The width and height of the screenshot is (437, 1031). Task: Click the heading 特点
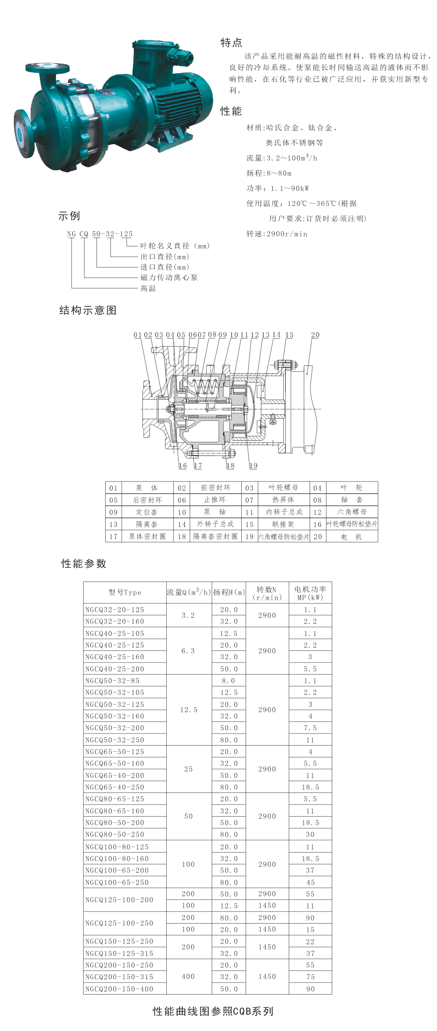231,42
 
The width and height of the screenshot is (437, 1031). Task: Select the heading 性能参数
84,563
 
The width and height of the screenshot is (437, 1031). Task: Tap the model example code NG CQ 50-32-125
100,234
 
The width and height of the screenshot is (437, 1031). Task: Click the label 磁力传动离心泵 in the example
169,278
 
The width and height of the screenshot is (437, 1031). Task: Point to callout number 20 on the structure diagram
315,335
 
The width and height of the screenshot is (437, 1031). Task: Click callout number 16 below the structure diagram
183,465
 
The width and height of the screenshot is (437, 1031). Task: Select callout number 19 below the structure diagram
253,465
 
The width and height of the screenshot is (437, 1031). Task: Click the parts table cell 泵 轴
215,512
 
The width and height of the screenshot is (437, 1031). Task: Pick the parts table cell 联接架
283,524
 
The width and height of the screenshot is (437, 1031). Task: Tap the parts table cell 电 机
351,537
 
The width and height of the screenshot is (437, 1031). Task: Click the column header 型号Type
125,592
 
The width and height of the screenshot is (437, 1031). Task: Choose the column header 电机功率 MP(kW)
310,593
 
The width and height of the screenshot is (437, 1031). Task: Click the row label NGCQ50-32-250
115,740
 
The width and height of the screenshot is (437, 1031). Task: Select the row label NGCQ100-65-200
117,870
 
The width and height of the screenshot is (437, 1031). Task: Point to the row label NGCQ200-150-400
119,989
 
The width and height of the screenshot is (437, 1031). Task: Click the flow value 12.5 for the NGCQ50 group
189,710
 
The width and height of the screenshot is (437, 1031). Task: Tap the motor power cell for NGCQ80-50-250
310,834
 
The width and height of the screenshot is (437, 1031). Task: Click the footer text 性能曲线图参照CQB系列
213,1011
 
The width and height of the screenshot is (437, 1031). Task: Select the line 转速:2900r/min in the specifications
277,234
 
